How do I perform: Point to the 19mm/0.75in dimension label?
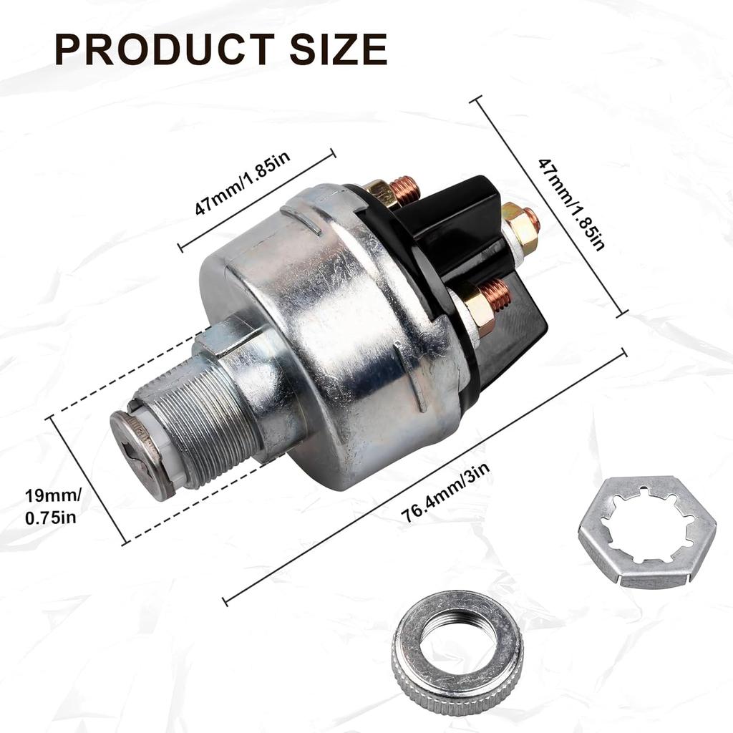point(53,505)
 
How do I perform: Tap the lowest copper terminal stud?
point(495,293)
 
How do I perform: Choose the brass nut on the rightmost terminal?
point(520,228)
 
